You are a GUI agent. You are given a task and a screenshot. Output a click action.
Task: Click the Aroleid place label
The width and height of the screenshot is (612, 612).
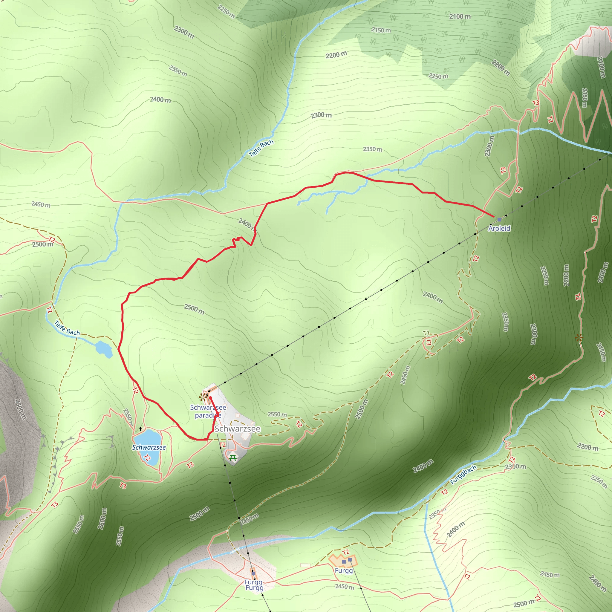[499, 228]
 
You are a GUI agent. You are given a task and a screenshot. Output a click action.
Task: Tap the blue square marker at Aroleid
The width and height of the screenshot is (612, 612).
[499, 220]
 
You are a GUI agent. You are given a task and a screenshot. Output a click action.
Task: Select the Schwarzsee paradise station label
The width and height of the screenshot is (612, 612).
[208, 411]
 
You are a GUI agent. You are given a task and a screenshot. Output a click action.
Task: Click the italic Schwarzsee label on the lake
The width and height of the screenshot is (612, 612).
[149, 447]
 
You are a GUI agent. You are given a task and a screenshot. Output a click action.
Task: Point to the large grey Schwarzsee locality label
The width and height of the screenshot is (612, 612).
[238, 429]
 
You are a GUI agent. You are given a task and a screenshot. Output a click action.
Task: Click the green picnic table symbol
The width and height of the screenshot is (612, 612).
[233, 458]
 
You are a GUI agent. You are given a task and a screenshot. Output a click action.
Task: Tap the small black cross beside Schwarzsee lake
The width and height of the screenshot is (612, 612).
[140, 429]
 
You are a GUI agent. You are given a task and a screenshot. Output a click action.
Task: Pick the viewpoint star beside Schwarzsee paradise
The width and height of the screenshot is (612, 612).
[202, 397]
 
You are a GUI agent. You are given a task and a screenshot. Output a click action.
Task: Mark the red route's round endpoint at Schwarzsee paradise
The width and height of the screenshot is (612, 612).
[210, 397]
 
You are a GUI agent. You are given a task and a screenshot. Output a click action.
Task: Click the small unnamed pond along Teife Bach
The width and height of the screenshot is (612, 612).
[104, 348]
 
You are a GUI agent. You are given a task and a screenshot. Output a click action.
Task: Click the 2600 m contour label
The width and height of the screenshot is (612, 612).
[102, 518]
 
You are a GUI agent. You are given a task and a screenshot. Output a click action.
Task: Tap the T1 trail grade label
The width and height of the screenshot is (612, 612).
[426, 333]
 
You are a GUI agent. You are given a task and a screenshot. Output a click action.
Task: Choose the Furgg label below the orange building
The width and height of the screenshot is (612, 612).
[344, 570]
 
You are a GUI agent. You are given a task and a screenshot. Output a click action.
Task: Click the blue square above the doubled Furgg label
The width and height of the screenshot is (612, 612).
[253, 573]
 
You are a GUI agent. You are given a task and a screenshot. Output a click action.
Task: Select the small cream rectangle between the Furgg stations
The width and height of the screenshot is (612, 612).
[305, 565]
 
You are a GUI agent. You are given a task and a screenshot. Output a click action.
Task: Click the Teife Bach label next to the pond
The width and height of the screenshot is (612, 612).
[67, 328]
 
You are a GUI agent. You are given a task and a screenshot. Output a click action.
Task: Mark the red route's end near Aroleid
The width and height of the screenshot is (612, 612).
[494, 216]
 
